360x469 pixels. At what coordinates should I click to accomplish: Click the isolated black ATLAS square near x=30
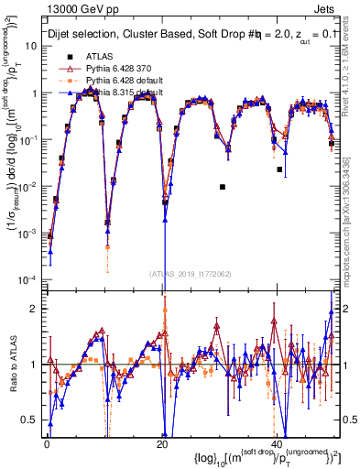tap(223, 187)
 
